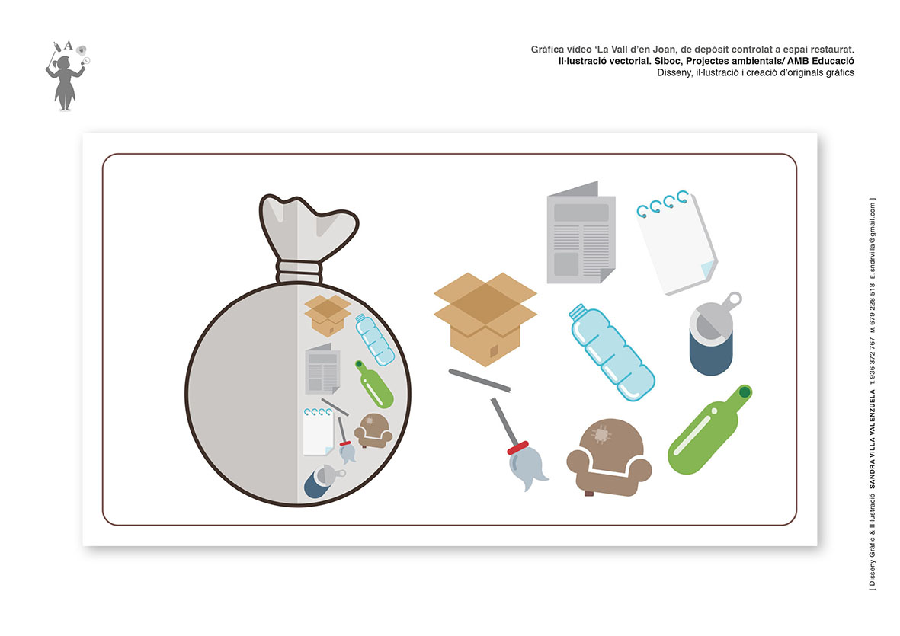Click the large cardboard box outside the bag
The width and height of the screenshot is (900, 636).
point(485,319)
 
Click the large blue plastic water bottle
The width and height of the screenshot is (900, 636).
point(612,352)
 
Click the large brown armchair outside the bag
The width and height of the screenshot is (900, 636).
point(609,457)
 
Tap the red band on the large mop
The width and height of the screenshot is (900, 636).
point(517,447)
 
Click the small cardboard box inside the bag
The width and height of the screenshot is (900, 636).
point(327,315)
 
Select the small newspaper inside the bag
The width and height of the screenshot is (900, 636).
point(322,369)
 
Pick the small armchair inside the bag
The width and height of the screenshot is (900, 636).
point(373,430)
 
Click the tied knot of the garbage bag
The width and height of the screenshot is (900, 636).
point(299,271)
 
